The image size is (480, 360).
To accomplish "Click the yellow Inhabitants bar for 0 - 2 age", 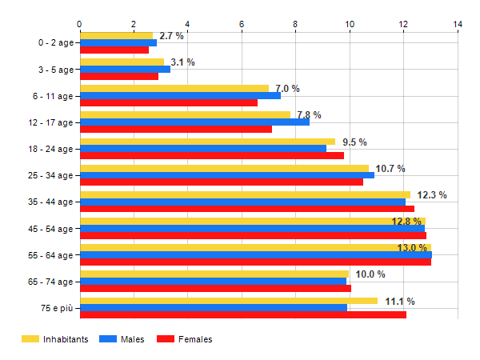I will [116, 35].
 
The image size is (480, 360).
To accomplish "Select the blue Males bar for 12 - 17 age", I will [194, 122].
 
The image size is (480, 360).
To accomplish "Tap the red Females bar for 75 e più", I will [243, 314].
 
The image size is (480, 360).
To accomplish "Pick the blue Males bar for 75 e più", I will [214, 307].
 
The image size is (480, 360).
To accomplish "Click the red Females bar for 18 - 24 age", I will [212, 155].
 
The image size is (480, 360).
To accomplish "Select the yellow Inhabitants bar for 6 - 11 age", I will [174, 88].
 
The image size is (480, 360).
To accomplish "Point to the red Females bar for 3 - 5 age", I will [119, 76].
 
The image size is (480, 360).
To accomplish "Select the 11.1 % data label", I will [400, 302].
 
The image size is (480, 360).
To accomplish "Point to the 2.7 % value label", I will [171, 36].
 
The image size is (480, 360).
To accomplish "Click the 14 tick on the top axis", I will [458, 24].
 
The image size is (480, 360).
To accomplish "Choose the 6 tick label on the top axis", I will [242, 24].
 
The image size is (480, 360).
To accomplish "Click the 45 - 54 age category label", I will [50, 229].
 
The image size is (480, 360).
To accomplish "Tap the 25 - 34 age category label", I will [50, 175].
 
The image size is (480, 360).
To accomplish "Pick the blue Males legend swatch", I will [107, 339].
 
